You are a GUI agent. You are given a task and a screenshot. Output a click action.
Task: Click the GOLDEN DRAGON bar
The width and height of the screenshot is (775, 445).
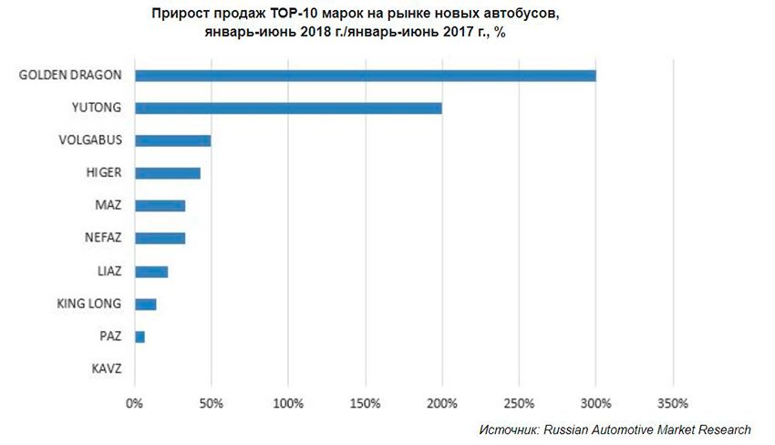coord(365,76)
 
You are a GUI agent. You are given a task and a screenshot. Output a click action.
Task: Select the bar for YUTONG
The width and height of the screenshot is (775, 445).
coord(288,109)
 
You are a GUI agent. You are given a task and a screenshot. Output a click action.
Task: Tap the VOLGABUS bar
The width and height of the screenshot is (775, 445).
coord(172,140)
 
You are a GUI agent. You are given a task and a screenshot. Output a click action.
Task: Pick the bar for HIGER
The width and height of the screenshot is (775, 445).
coord(167,173)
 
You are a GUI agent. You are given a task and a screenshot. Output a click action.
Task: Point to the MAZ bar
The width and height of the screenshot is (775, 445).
coord(160,206)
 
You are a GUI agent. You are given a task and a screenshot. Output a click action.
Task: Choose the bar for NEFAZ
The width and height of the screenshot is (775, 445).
coord(160,239)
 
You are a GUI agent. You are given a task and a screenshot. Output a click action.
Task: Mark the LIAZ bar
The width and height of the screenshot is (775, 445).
coord(151,272)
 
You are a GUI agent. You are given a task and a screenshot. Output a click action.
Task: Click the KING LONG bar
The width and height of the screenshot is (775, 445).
coord(145,305)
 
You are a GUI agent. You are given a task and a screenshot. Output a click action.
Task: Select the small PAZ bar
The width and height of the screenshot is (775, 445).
coord(139,337)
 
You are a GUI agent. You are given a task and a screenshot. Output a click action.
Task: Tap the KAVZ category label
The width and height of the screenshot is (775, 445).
coord(108,370)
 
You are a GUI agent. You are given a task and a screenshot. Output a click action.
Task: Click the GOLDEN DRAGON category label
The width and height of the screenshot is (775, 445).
coord(71,76)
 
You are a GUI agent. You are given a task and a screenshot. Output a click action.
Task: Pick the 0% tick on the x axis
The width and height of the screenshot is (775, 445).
coord(134,402)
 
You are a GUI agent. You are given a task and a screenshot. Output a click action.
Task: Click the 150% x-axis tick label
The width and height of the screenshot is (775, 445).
coord(365,402)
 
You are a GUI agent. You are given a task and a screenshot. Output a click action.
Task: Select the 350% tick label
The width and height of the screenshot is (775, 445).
coord(672,402)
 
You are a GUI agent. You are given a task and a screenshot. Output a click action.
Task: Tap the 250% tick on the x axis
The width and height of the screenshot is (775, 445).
coord(518,402)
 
